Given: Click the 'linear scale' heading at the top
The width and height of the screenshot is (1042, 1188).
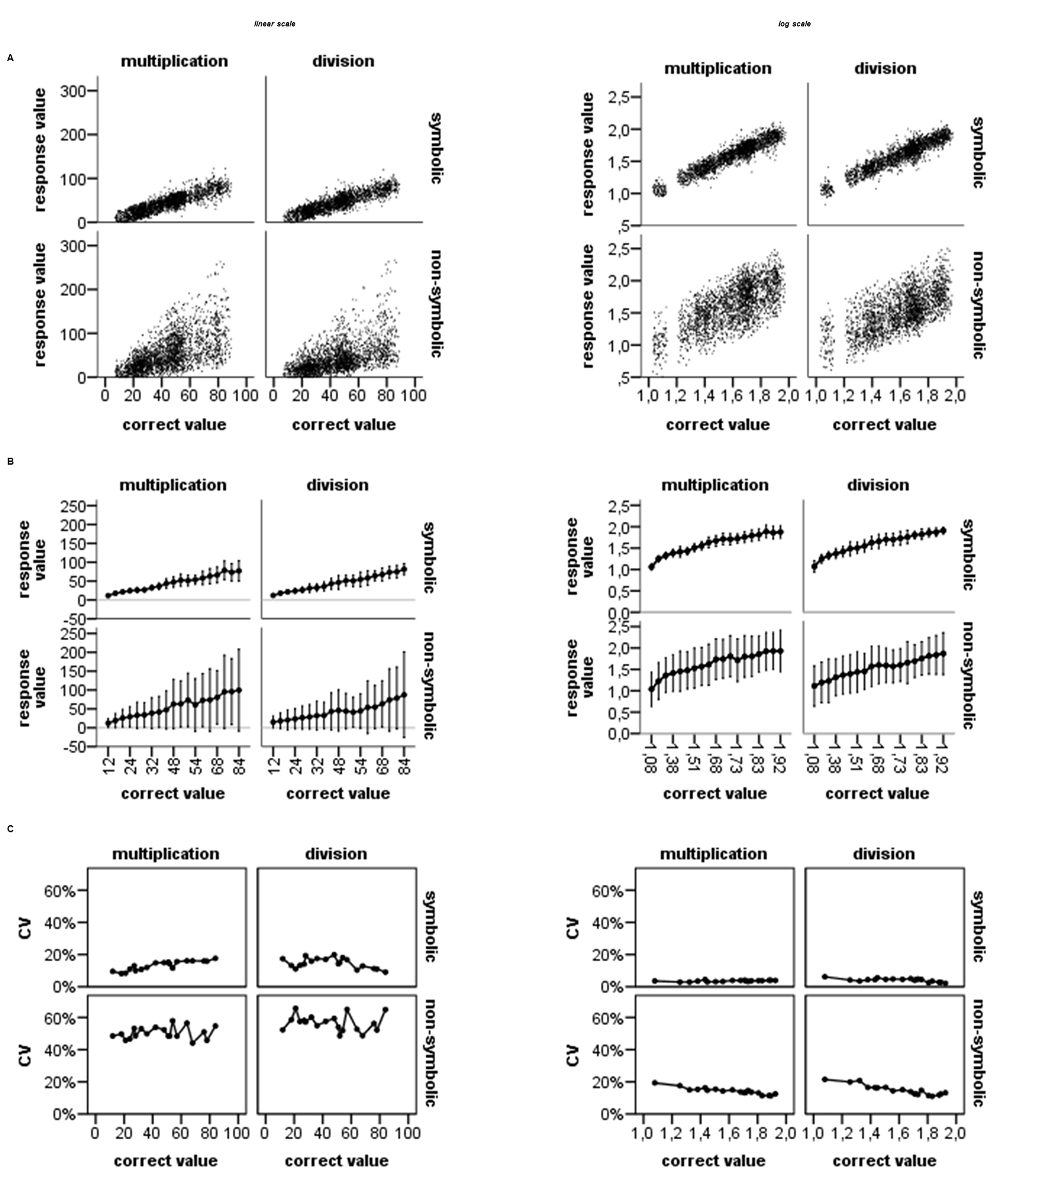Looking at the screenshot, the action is tap(275, 24).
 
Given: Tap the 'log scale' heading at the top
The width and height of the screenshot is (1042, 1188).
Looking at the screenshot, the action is tap(794, 24).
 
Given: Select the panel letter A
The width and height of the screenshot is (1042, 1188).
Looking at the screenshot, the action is tap(10, 58).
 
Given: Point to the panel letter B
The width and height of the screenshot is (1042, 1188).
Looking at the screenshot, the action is tap(10, 461).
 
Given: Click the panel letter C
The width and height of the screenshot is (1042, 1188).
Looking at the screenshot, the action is tap(10, 829).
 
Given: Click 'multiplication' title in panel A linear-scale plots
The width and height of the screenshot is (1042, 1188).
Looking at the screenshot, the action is tap(174, 62).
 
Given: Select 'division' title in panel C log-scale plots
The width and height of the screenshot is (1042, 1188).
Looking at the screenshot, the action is tap(884, 854).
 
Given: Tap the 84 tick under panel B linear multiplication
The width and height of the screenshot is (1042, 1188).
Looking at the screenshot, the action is tap(240, 767).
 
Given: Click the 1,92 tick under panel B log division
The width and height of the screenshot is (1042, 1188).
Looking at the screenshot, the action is tap(943, 762).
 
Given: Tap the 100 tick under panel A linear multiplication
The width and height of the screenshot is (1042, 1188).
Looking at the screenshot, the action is tap(245, 396).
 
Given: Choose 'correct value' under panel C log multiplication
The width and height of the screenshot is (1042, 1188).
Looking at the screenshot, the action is tap(713, 1161).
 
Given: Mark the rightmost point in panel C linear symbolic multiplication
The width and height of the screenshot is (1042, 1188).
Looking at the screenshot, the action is tap(215, 958).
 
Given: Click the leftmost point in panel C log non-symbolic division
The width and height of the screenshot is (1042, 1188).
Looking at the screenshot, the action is tap(824, 1079).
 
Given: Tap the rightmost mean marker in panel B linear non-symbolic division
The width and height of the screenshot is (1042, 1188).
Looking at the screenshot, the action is tap(404, 695).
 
